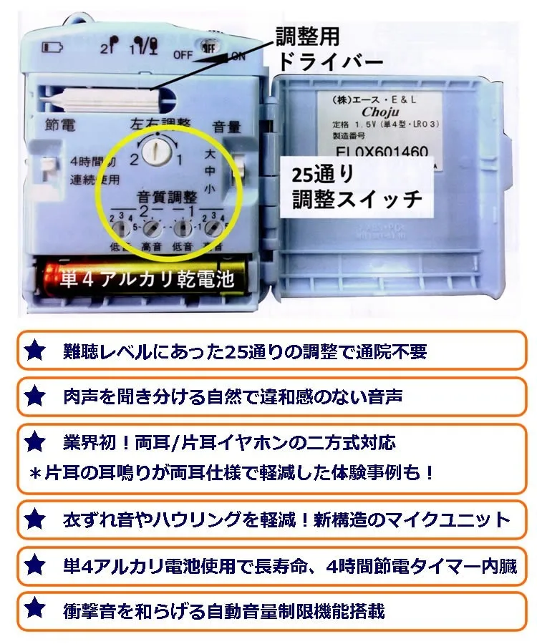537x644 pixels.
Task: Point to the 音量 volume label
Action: [228, 127]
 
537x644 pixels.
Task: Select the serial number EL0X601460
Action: [381, 152]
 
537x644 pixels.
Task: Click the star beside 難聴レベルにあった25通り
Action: [34, 351]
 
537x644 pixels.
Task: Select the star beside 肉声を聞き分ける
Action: [34, 394]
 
